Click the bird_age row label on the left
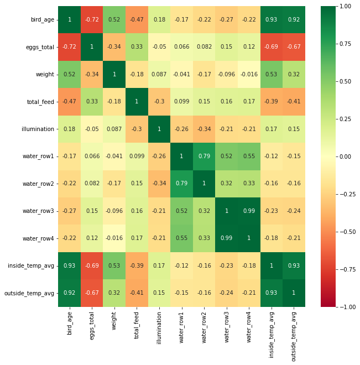(x=43, y=20)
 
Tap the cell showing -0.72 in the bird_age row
(x=92, y=20)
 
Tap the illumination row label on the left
(x=38, y=129)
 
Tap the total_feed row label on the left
(x=40, y=102)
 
